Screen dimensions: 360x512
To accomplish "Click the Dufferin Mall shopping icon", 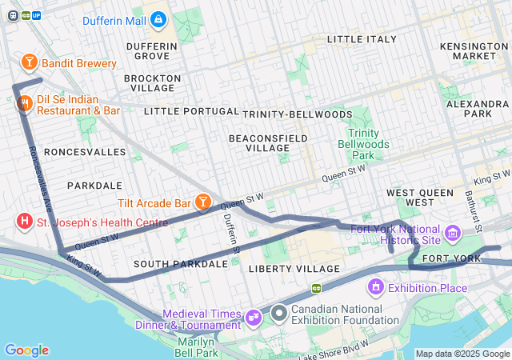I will tap(158, 18).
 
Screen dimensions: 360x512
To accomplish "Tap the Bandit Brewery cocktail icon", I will tap(29, 62).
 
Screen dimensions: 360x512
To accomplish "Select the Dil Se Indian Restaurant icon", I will tap(24, 102).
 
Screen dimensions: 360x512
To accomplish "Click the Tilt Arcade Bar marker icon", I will tap(204, 202).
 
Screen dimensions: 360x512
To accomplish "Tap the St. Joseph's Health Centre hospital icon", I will tap(25, 221).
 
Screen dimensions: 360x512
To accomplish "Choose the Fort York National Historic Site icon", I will tap(453, 234).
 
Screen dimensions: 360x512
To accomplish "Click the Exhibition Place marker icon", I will tap(375, 286).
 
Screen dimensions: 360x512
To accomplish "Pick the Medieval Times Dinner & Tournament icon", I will tap(255, 318).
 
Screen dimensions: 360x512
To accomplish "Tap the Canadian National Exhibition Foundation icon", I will tap(278, 310).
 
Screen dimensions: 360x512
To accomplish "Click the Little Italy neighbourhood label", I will tap(362, 38).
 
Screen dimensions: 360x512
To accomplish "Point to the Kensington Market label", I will tap(474, 50).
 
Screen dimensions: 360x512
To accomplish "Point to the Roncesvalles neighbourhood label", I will tap(74, 150).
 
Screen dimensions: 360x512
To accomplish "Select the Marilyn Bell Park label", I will tap(198, 346).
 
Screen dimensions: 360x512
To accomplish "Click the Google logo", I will tap(26, 350).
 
